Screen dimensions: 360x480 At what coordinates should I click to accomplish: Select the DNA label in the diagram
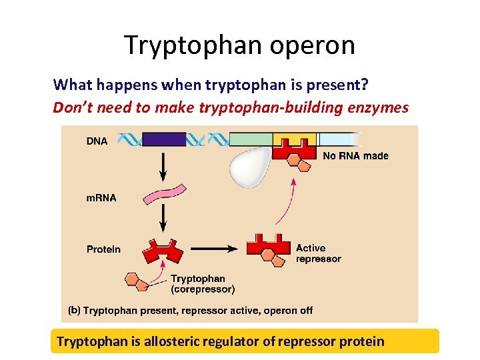[97, 141]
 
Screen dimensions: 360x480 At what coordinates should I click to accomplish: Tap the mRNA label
[101, 198]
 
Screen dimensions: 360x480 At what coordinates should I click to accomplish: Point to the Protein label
[104, 249]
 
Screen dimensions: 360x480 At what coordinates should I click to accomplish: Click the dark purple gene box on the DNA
[164, 139]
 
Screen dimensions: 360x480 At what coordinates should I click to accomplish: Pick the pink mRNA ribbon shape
[163, 194]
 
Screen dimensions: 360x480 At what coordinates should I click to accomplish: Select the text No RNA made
[355, 156]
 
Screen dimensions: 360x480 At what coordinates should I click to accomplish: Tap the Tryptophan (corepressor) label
[203, 284]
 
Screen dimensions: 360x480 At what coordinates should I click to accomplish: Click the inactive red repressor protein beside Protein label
[163, 252]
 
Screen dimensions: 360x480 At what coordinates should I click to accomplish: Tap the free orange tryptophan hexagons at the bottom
[137, 281]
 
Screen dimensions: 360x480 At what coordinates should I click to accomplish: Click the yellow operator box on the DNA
[294, 140]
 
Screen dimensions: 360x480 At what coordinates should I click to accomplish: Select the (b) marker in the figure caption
[75, 311]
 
